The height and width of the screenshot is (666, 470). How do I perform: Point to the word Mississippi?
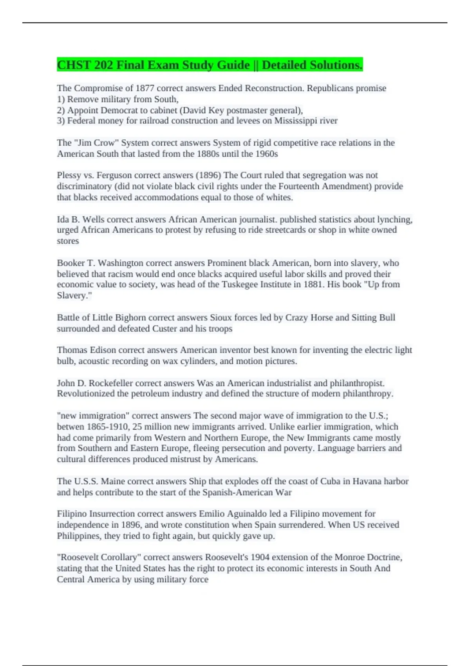tap(296, 121)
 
